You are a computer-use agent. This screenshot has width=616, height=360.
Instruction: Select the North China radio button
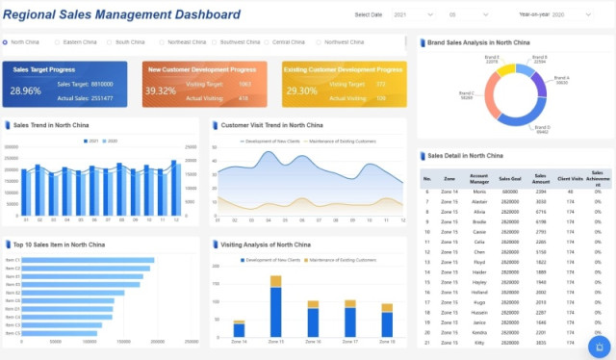(6, 42)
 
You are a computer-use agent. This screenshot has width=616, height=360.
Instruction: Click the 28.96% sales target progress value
(26, 90)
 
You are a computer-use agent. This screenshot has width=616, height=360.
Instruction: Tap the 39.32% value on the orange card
(160, 90)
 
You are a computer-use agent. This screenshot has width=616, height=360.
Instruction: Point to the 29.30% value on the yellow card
(301, 90)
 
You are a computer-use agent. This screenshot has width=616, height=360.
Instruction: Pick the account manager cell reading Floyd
(478, 261)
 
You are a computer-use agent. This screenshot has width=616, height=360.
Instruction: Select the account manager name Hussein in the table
(478, 312)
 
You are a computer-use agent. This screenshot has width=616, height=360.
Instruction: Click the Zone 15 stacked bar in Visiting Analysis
(275, 307)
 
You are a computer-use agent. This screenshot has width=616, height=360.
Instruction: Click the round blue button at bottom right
(600, 345)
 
